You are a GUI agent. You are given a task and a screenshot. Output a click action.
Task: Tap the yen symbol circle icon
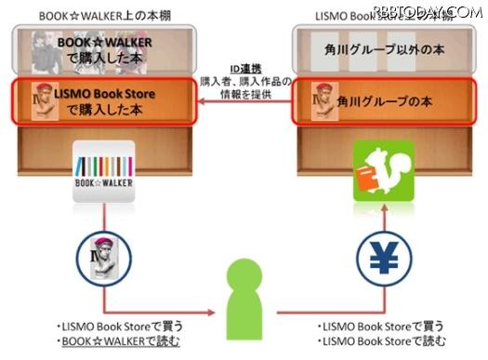click(x=381, y=259)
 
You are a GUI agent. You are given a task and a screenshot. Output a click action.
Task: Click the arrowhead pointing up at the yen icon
click(x=381, y=229)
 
